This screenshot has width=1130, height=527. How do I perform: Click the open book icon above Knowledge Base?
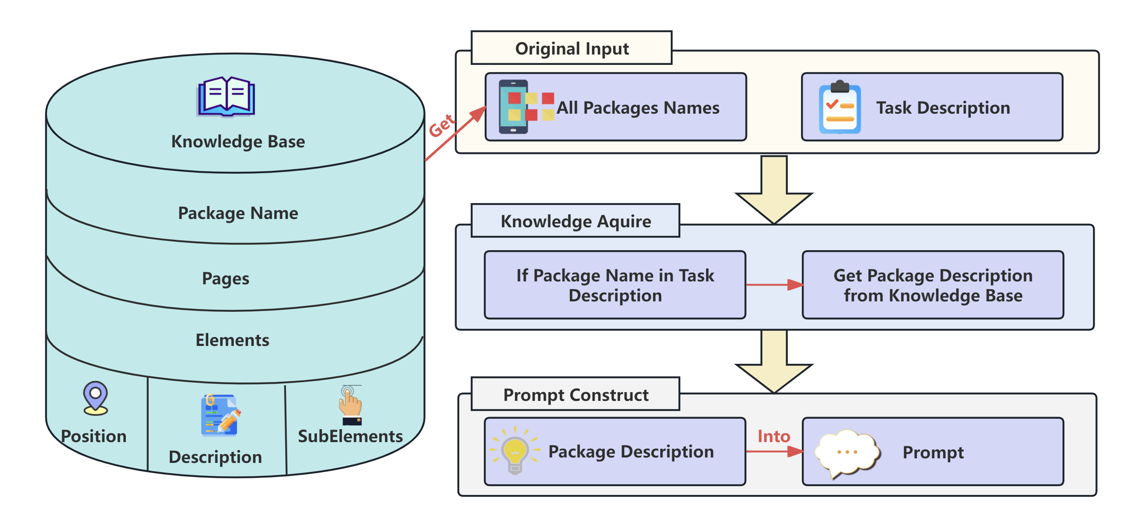coord(226,97)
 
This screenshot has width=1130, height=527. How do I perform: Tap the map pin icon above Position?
coord(95,398)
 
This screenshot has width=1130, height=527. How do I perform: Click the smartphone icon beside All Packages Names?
coord(525,107)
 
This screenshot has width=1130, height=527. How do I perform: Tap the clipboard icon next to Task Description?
coord(839,107)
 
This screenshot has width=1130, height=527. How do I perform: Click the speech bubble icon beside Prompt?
coord(847,452)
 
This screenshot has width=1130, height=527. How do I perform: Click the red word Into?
coord(773,436)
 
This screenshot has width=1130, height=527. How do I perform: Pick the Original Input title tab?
coord(571,48)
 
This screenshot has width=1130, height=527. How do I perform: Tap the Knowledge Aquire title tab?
coord(575,221)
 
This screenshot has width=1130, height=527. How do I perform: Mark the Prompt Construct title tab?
coord(575,395)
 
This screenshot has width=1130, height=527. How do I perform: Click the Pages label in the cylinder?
coord(226,278)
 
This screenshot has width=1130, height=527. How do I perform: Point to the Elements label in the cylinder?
coord(232,340)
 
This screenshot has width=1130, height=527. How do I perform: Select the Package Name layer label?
coord(238,213)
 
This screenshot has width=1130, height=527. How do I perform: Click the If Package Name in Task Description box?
coord(615,285)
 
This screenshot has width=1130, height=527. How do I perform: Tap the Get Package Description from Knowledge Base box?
coord(933,285)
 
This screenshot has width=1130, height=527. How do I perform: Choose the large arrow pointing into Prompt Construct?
coord(774,362)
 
